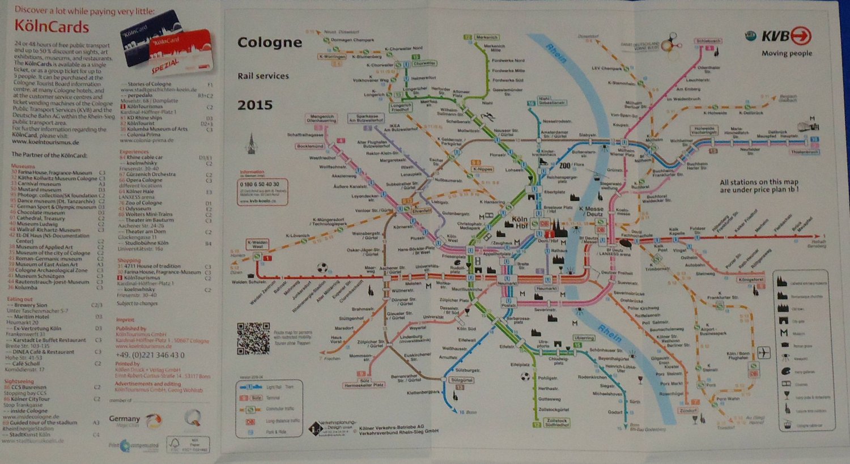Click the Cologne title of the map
point(269,42)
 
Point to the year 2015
point(255,105)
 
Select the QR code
point(253,338)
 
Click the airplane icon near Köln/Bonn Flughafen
point(764,353)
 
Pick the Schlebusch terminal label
point(708,41)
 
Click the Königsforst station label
point(752,280)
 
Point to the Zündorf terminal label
point(688,410)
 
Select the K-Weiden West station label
point(257,244)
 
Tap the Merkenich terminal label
point(486,37)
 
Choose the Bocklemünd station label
point(310,146)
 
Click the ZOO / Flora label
point(570,165)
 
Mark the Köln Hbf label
point(518,222)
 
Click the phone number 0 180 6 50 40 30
point(260,184)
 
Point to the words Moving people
point(787,53)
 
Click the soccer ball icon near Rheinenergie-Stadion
point(322,267)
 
